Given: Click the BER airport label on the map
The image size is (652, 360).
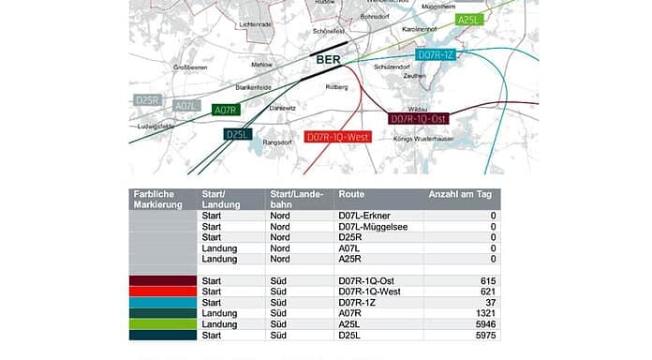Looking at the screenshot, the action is (x=327, y=62).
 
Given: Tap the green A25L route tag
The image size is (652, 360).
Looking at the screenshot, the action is (x=468, y=19).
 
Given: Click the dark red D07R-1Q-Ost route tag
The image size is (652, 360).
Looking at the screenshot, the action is (x=419, y=119).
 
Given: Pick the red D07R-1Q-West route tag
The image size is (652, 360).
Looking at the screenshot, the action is (x=339, y=137).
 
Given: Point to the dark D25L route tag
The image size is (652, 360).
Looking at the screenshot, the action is (x=238, y=134).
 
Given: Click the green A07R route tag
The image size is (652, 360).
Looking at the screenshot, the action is (x=226, y=110).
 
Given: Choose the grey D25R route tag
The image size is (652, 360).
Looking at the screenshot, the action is (x=148, y=99).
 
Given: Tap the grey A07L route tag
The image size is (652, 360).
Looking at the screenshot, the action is (x=187, y=106).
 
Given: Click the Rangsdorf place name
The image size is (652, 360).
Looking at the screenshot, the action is (x=256, y=142).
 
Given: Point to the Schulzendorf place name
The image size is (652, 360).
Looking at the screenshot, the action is (x=393, y=67).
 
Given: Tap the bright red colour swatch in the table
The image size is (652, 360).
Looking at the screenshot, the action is (x=163, y=292).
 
